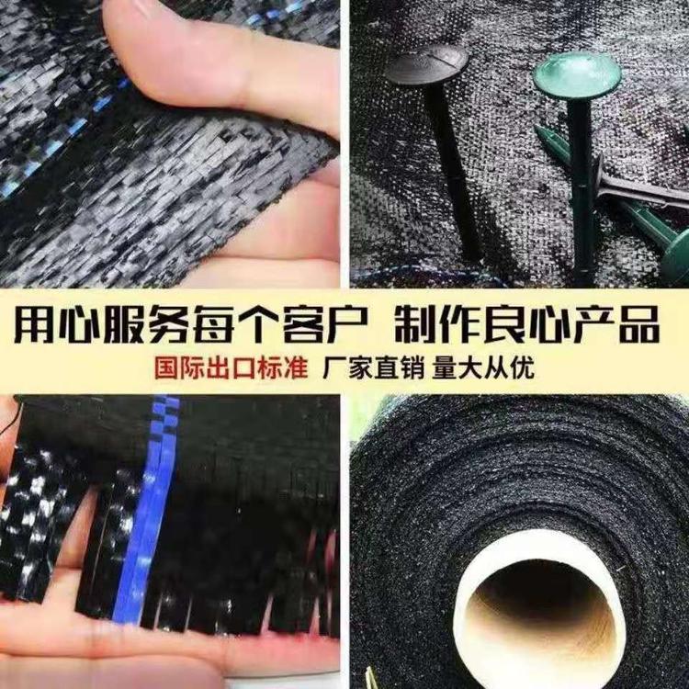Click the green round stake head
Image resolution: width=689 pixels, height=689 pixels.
577,75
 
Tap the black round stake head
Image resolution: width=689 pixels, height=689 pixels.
426,65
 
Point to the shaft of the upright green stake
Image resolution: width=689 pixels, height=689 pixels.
583,189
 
